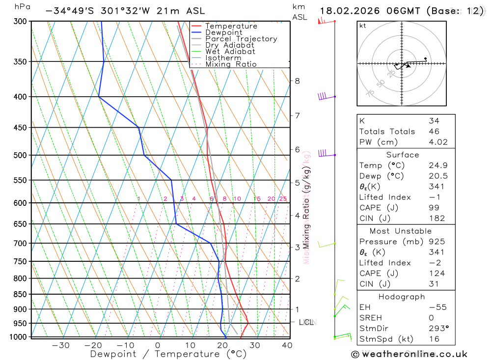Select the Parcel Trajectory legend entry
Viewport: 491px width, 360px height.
(x=241, y=39)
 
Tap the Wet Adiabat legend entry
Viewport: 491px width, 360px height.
(x=230, y=52)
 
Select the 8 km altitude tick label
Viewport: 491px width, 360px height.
(x=298, y=81)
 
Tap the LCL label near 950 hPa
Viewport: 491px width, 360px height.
(x=306, y=322)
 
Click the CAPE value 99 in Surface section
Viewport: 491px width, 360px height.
(x=434, y=208)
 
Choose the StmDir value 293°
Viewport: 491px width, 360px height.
(x=437, y=329)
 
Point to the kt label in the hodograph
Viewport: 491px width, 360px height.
(x=363, y=26)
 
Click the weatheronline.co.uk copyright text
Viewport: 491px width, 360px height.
(x=409, y=354)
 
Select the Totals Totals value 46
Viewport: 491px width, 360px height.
(x=434, y=131)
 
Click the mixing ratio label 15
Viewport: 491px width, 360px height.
(x=257, y=199)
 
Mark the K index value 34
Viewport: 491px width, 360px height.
(x=434, y=121)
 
